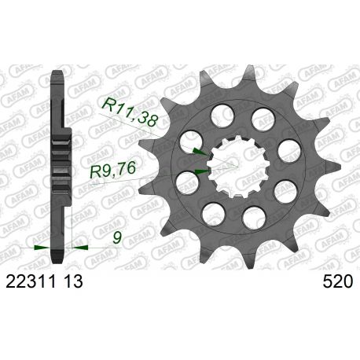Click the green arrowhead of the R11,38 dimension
coord(201,150)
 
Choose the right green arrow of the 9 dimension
coord(80,246)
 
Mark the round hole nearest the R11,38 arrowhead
coord(195,139)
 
